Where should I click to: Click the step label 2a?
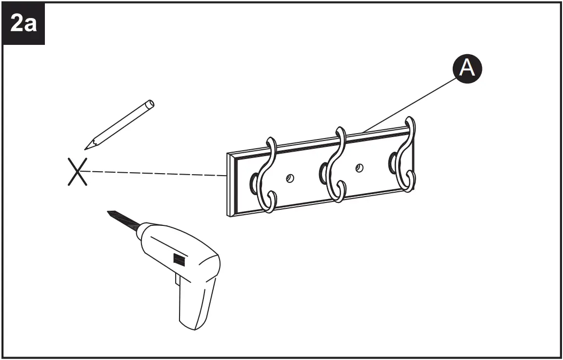(x=23, y=23)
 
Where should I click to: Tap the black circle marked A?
(x=467, y=69)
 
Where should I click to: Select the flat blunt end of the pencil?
(x=151, y=103)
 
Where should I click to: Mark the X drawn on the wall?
(x=78, y=172)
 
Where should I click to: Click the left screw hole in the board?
(x=290, y=179)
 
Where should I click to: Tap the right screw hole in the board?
(x=359, y=168)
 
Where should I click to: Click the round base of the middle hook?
(x=323, y=171)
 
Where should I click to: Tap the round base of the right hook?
(x=393, y=160)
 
